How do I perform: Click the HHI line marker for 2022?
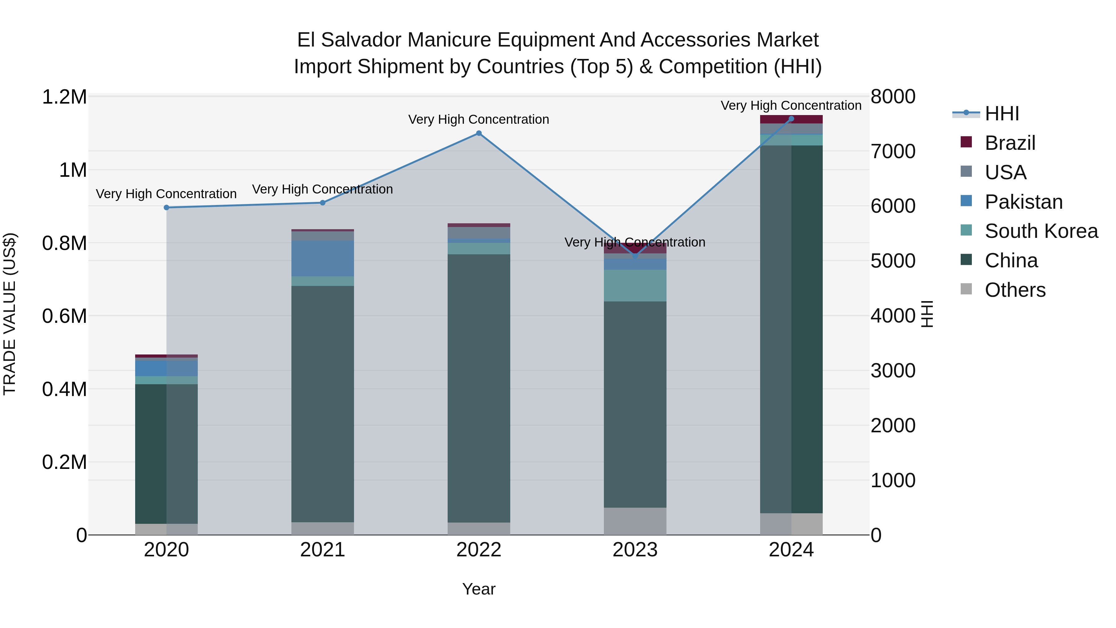pos(479,133)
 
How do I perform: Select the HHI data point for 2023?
pos(635,256)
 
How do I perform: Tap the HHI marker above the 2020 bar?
pos(166,207)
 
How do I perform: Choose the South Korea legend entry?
pos(1041,231)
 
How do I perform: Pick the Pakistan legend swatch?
pos(966,201)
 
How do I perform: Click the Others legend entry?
pos(1015,290)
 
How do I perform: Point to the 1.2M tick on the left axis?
pos(64,97)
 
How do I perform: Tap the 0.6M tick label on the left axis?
pos(64,316)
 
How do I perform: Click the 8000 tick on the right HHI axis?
pos(893,97)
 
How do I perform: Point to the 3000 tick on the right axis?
pos(893,371)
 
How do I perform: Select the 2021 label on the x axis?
pos(322,550)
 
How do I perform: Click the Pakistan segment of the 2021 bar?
pos(322,258)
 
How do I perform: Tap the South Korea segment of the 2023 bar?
pos(635,286)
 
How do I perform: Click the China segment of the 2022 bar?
pos(479,388)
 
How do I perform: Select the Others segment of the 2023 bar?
pos(635,521)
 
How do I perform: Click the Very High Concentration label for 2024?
pos(791,105)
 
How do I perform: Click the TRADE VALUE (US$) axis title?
pos(10,314)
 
